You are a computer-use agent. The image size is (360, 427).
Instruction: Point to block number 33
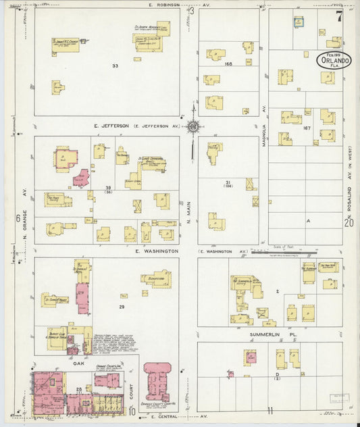[x=115, y=66]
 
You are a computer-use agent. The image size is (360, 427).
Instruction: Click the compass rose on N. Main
[x=194, y=126]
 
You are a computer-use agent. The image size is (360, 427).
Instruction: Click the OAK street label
[x=78, y=363]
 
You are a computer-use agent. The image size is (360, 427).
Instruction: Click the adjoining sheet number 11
[x=270, y=410]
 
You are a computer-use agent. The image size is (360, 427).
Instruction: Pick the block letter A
[x=308, y=221]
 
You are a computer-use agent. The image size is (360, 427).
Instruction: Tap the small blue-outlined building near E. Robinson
[x=298, y=22]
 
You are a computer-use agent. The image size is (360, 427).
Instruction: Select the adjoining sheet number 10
[x=132, y=410]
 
